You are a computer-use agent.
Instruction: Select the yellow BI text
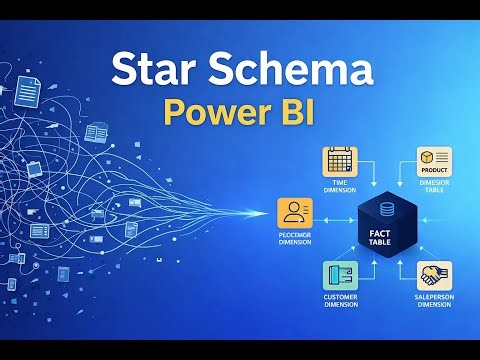tap(291, 112)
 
